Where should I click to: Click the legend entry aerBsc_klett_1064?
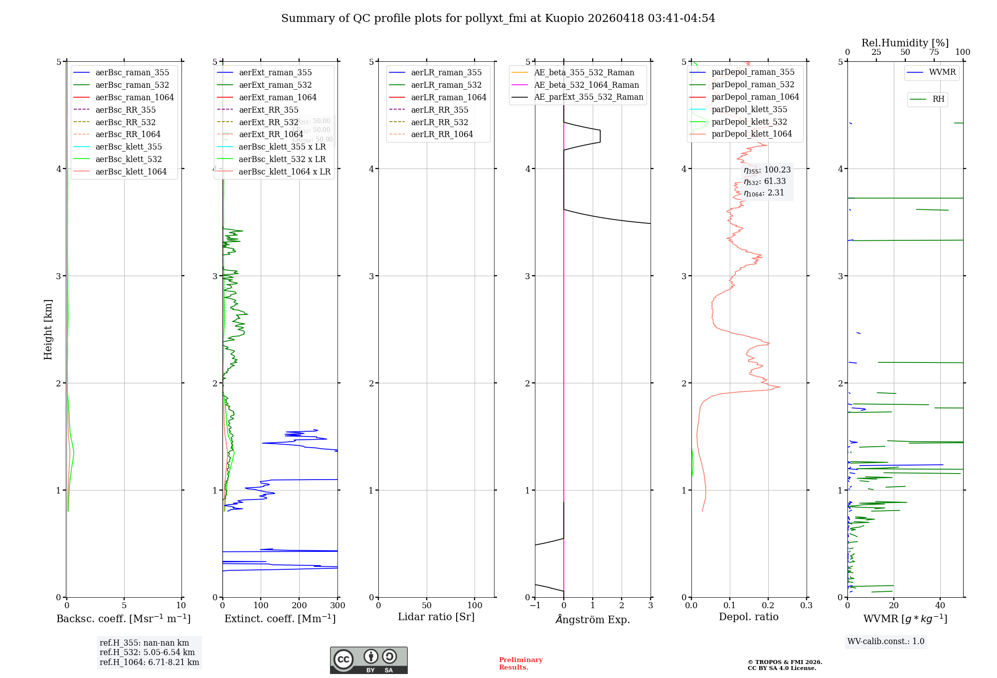[131, 171]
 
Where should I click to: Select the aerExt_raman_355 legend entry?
[275, 72]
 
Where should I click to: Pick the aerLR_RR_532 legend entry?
[439, 122]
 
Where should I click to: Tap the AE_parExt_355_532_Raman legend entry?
[588, 97]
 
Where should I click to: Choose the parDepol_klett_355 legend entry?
[749, 109]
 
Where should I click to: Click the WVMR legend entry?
[942, 72]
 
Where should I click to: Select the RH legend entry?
[938, 99]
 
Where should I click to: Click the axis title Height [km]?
[48, 330]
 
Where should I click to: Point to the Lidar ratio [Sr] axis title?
[436, 617]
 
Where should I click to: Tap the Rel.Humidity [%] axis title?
[905, 43]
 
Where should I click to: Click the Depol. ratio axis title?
[748, 617]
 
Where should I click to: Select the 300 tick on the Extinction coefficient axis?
[337, 606]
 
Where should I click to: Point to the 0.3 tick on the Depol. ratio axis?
[806, 606]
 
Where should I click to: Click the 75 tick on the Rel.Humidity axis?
[934, 52]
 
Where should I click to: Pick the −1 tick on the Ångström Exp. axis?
[535, 606]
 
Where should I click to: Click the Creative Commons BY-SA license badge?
[368, 660]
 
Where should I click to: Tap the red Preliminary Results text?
[520, 664]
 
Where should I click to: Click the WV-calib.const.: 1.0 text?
[886, 642]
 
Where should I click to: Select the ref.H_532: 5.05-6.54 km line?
[147, 653]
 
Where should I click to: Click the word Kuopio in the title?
[564, 18]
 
